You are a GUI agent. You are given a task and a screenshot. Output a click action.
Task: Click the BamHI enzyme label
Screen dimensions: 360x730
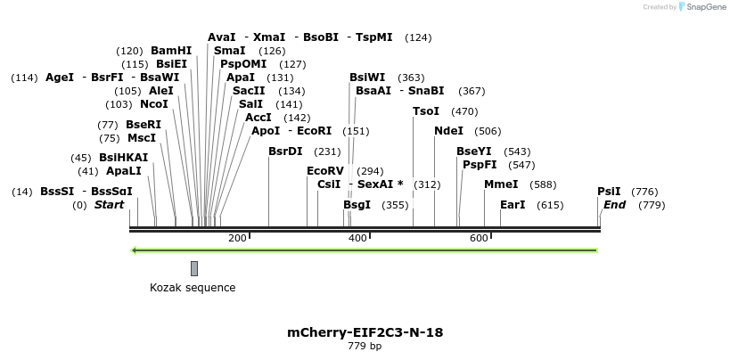(x=171, y=51)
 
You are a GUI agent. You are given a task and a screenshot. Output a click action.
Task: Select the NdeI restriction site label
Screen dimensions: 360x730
(x=448, y=131)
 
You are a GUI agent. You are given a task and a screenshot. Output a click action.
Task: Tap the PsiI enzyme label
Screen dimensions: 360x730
(x=609, y=192)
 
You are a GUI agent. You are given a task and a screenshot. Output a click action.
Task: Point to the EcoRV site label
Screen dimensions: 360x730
(x=324, y=171)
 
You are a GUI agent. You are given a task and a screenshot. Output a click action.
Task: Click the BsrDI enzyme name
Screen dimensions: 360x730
(x=285, y=151)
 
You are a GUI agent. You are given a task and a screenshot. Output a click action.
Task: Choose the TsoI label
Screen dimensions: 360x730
(x=426, y=111)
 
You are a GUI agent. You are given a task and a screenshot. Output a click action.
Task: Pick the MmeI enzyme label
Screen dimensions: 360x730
(x=501, y=184)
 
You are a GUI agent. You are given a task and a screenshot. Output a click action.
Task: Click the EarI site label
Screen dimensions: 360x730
(x=513, y=205)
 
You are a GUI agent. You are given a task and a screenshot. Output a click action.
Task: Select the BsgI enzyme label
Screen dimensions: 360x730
(x=357, y=205)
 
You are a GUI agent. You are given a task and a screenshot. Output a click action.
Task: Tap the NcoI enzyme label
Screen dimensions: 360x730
(x=154, y=104)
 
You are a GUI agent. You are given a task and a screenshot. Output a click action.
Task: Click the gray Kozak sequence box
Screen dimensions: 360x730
(x=194, y=268)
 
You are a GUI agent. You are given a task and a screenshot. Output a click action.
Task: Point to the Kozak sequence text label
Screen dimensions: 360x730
(x=193, y=288)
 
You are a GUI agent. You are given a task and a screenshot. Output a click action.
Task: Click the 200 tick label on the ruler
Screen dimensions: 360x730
(x=237, y=238)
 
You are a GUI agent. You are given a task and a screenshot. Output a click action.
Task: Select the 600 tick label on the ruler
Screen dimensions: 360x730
(x=479, y=238)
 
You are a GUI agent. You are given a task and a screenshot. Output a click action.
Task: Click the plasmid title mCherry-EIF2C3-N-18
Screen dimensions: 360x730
(x=365, y=332)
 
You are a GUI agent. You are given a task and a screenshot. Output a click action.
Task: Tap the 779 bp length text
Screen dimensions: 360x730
(x=365, y=347)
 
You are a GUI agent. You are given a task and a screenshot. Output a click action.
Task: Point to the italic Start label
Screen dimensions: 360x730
(x=109, y=205)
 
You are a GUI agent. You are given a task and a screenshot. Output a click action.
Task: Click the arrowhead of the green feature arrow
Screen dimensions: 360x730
(x=135, y=250)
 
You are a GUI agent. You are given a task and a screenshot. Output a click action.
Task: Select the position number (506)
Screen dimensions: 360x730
(x=488, y=131)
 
